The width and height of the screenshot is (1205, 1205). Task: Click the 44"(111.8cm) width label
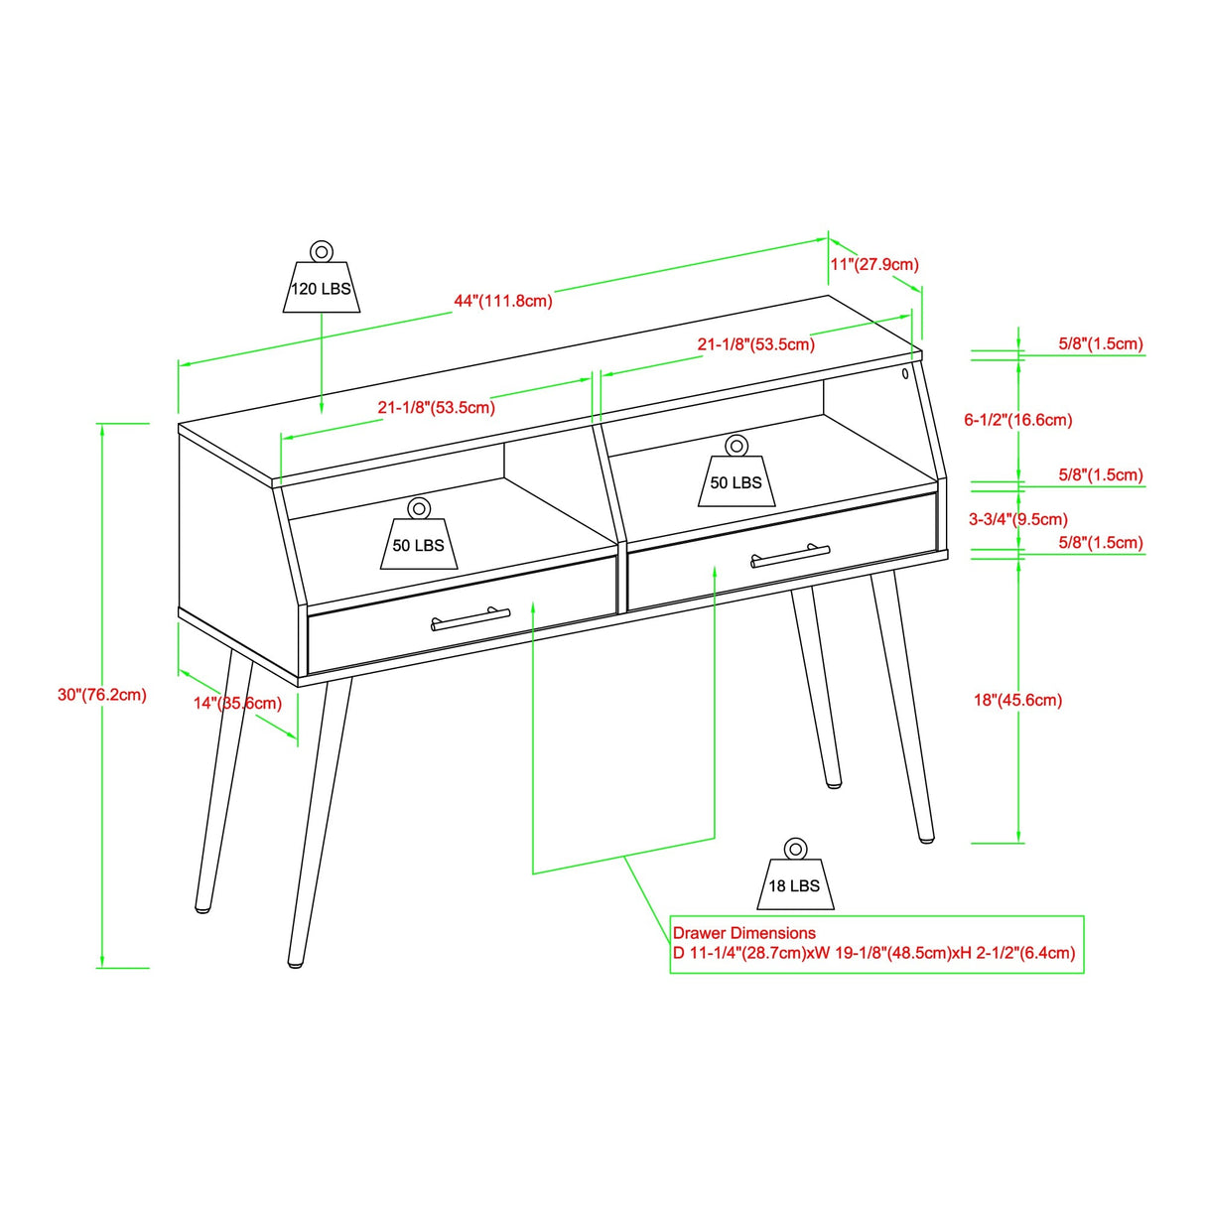(503, 301)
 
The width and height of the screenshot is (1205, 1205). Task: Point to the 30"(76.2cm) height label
(101, 695)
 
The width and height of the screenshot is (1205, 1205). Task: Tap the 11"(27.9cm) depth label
(873, 264)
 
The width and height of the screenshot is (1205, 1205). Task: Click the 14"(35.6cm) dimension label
(237, 703)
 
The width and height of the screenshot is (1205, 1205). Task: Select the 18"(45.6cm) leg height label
(1017, 700)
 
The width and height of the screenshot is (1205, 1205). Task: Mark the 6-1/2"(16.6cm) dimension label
(1017, 420)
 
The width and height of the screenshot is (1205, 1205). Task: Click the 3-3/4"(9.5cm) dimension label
(1017, 519)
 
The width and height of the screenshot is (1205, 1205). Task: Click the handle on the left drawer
(470, 619)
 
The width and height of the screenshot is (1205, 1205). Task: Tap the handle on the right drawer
(790, 556)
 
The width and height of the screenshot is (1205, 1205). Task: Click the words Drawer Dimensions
(744, 933)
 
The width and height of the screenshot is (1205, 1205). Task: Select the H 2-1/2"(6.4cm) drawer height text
(1016, 953)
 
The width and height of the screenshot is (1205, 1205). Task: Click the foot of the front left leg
(296, 962)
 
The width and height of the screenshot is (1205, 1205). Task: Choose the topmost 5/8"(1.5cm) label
(1100, 343)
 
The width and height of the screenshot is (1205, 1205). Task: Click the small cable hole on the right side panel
(905, 374)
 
